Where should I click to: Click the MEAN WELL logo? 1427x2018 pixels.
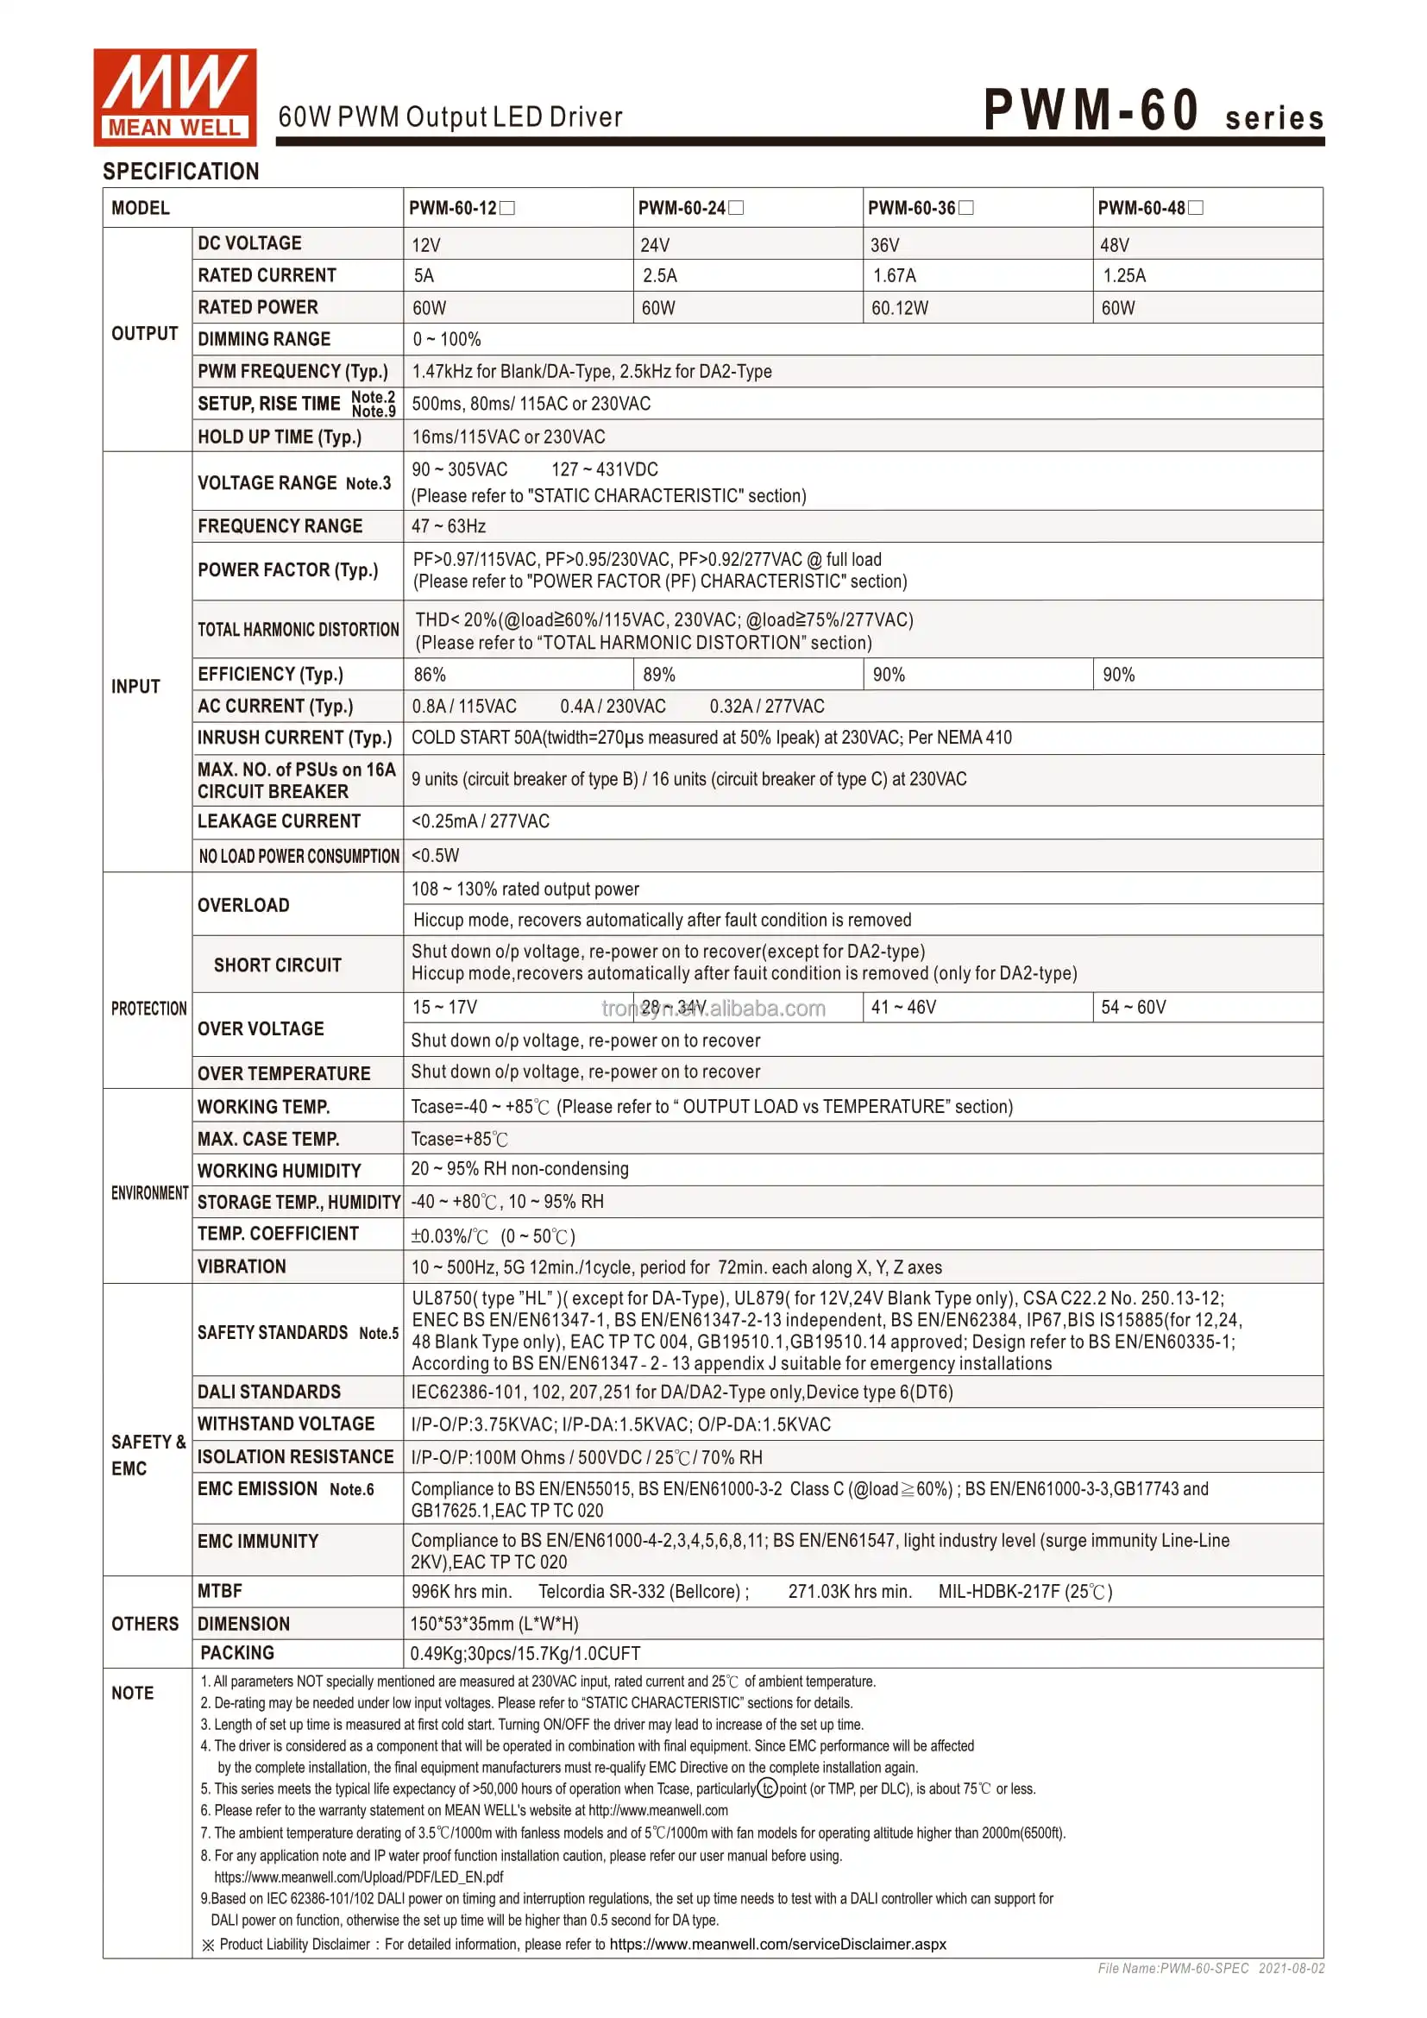point(175,97)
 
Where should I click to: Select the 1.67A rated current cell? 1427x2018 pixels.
point(895,276)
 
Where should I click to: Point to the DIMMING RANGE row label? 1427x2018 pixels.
point(265,339)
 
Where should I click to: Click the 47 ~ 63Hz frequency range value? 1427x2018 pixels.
point(449,526)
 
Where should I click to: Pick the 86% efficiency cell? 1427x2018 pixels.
point(430,675)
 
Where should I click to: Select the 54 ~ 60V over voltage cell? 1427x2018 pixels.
point(1134,1007)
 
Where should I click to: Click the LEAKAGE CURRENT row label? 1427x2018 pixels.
point(280,822)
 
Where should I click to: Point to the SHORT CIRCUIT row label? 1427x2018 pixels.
point(278,965)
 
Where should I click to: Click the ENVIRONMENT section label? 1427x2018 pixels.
point(149,1193)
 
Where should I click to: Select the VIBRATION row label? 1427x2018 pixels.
point(242,1267)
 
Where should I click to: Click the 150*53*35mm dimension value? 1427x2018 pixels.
point(494,1625)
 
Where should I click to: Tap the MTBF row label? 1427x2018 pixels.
point(220,1592)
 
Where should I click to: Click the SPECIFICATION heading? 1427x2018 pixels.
point(181,172)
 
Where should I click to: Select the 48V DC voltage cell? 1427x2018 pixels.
point(1114,245)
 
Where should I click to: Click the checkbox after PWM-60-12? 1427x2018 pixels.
point(507,208)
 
